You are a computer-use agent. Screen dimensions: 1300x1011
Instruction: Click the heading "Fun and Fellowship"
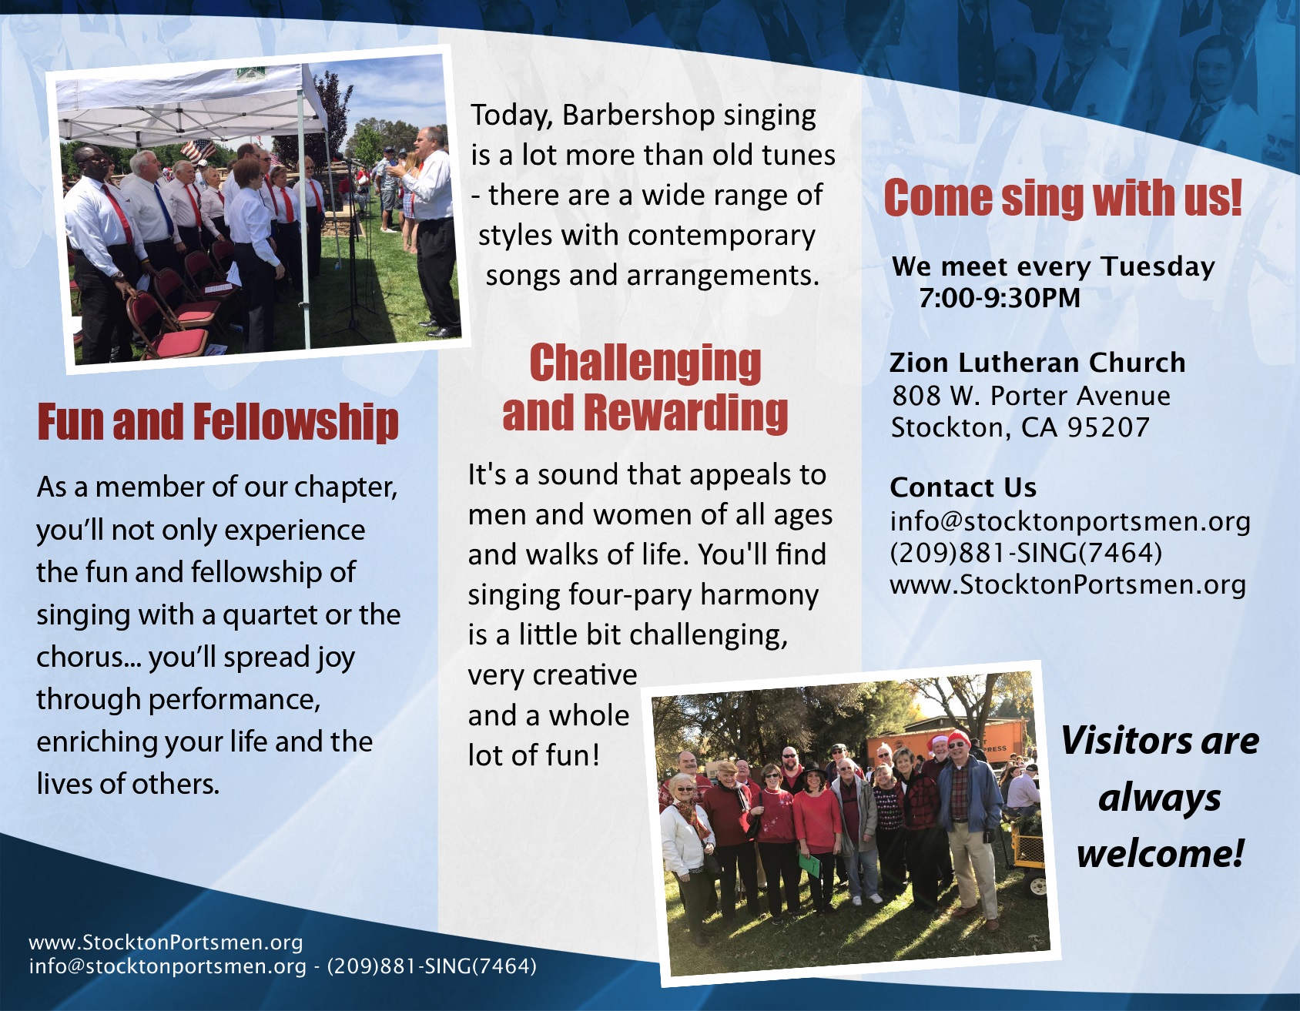pyautogui.click(x=218, y=422)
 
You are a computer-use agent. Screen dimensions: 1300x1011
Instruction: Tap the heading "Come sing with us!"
pyautogui.click(x=1063, y=198)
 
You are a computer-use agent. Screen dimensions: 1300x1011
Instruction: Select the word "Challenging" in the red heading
pyautogui.click(x=645, y=363)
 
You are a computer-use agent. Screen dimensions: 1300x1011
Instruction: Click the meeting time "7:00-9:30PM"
pyautogui.click(x=1000, y=298)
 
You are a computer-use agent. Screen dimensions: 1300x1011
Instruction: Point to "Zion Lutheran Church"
pyautogui.click(x=1037, y=362)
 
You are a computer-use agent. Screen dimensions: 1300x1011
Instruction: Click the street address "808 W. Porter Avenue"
pyautogui.click(x=1031, y=396)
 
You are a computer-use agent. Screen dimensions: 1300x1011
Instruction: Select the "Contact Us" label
pyautogui.click(x=963, y=487)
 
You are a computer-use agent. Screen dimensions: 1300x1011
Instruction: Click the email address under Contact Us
pyautogui.click(x=1070, y=521)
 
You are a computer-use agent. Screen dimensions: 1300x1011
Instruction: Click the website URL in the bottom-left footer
pyautogui.click(x=166, y=942)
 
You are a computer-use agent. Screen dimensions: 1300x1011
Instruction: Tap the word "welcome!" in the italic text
pyautogui.click(x=1160, y=853)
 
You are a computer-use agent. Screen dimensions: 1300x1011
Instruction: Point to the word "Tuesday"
pyautogui.click(x=1158, y=266)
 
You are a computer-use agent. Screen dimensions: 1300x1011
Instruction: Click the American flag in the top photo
pyautogui.click(x=197, y=149)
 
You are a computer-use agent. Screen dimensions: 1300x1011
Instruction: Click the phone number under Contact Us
pyautogui.click(x=1026, y=553)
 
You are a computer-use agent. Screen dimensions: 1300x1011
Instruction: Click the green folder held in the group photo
pyautogui.click(x=811, y=864)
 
